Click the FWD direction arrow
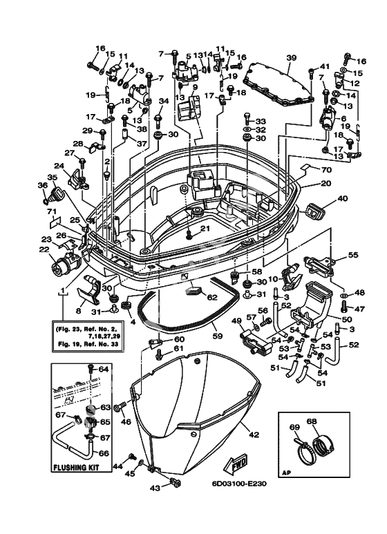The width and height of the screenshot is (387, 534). pyautogui.click(x=235, y=464)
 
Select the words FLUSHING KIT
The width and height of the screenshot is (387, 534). pyautogui.click(x=76, y=467)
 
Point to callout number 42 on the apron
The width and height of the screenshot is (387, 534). pyautogui.click(x=254, y=435)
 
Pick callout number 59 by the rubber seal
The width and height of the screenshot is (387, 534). pyautogui.click(x=217, y=336)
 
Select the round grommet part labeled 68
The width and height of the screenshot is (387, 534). pyautogui.click(x=323, y=446)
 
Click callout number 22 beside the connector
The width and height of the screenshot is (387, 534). pyautogui.click(x=44, y=249)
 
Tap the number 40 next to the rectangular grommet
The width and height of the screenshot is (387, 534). pyautogui.click(x=343, y=198)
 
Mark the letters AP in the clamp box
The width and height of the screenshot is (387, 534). pyautogui.click(x=287, y=473)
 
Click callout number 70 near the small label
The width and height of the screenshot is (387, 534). pyautogui.click(x=326, y=169)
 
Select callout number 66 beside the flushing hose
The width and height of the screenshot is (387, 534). pyautogui.click(x=104, y=453)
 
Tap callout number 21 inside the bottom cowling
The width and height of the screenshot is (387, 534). pyautogui.click(x=204, y=228)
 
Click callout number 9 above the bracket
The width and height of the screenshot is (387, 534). pyautogui.click(x=195, y=87)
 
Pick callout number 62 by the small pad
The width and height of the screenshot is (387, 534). pyautogui.click(x=212, y=297)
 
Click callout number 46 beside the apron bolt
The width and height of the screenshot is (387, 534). pyautogui.click(x=126, y=421)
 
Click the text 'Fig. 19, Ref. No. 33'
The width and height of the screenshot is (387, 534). pyautogui.click(x=86, y=344)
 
